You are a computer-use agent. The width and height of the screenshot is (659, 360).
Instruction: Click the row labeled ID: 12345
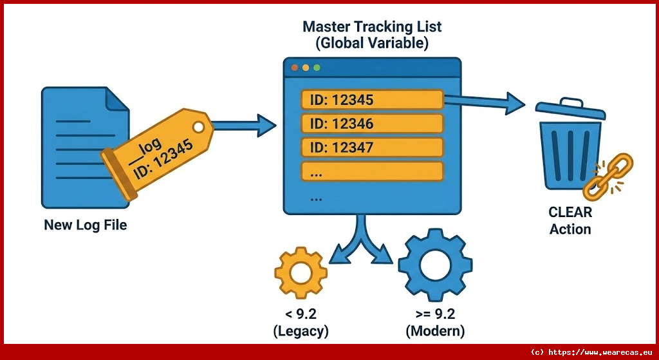point(372,100)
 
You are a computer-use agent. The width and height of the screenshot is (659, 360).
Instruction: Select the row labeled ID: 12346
point(372,124)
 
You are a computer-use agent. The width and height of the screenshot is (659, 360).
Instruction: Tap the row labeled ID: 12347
point(372,147)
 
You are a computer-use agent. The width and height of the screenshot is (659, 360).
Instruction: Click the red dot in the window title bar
point(295,68)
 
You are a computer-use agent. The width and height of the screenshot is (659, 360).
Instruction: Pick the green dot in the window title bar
point(316,68)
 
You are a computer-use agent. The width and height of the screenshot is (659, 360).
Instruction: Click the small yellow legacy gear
point(300,274)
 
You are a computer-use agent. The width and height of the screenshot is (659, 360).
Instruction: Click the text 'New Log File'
point(85,225)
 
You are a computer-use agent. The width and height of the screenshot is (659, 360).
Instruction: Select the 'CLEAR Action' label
point(570,220)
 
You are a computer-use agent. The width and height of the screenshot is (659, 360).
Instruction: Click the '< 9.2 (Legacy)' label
point(301,323)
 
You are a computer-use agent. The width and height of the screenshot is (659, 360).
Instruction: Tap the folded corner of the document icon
point(116,99)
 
